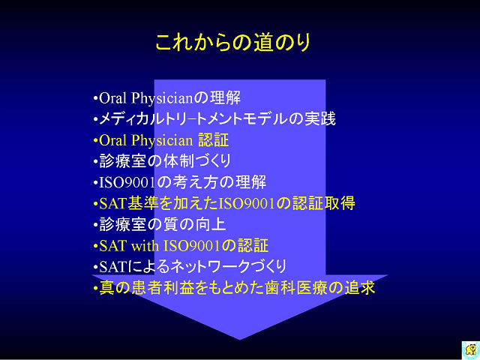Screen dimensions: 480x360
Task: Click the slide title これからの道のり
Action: pyautogui.click(x=233, y=42)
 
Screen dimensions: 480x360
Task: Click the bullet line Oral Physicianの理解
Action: pyautogui.click(x=166, y=98)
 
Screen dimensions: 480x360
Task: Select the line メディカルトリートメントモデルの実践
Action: pyautogui.click(x=214, y=118)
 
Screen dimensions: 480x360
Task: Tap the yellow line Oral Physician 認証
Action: pyautogui.click(x=161, y=140)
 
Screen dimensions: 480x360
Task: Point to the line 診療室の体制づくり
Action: pyautogui.click(x=162, y=161)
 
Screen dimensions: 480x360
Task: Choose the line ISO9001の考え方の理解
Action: pyautogui.click(x=180, y=182)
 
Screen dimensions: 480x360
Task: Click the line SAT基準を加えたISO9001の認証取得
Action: pyautogui.click(x=224, y=203)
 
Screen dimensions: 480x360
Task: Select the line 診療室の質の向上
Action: pyautogui.click(x=160, y=224)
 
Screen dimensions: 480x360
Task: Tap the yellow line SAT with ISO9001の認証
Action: pyautogui.click(x=181, y=245)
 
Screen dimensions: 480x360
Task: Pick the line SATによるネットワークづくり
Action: pyautogui.click(x=190, y=266)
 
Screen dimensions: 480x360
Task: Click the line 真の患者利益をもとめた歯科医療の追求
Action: pyautogui.click(x=234, y=288)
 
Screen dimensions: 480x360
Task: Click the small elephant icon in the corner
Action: pyautogui.click(x=471, y=349)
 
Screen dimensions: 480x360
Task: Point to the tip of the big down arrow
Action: pyautogui.click(x=240, y=340)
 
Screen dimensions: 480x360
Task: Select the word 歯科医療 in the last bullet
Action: pyautogui.click(x=297, y=288)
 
